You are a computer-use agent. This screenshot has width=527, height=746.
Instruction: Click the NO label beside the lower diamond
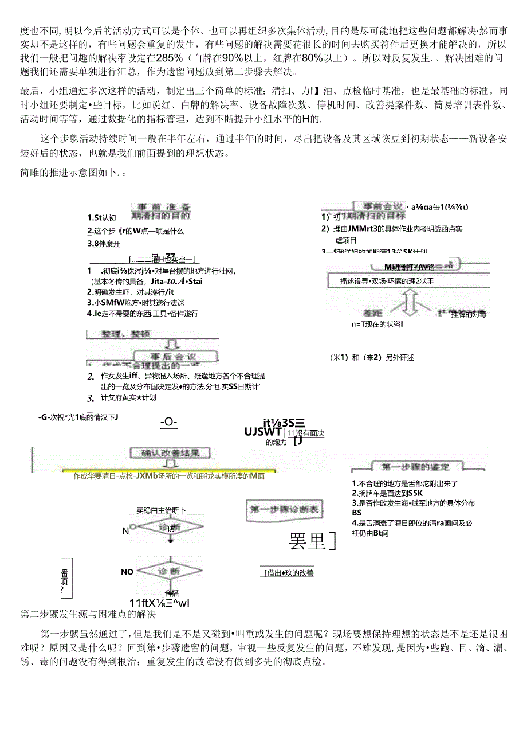(x=127, y=572)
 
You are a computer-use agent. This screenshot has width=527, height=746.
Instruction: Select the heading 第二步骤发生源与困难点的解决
(x=88, y=615)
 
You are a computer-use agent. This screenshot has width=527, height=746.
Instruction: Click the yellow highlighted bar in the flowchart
(x=169, y=476)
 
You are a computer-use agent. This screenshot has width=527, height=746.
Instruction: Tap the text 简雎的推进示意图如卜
(x=73, y=173)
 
